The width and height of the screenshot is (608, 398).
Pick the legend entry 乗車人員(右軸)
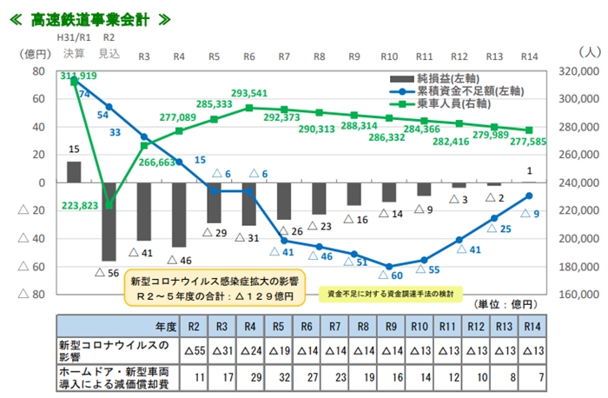point(457,103)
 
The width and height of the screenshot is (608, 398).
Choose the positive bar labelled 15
point(74,172)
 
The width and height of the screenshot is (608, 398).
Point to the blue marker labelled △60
point(389,267)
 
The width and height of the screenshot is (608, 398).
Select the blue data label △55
point(427,270)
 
